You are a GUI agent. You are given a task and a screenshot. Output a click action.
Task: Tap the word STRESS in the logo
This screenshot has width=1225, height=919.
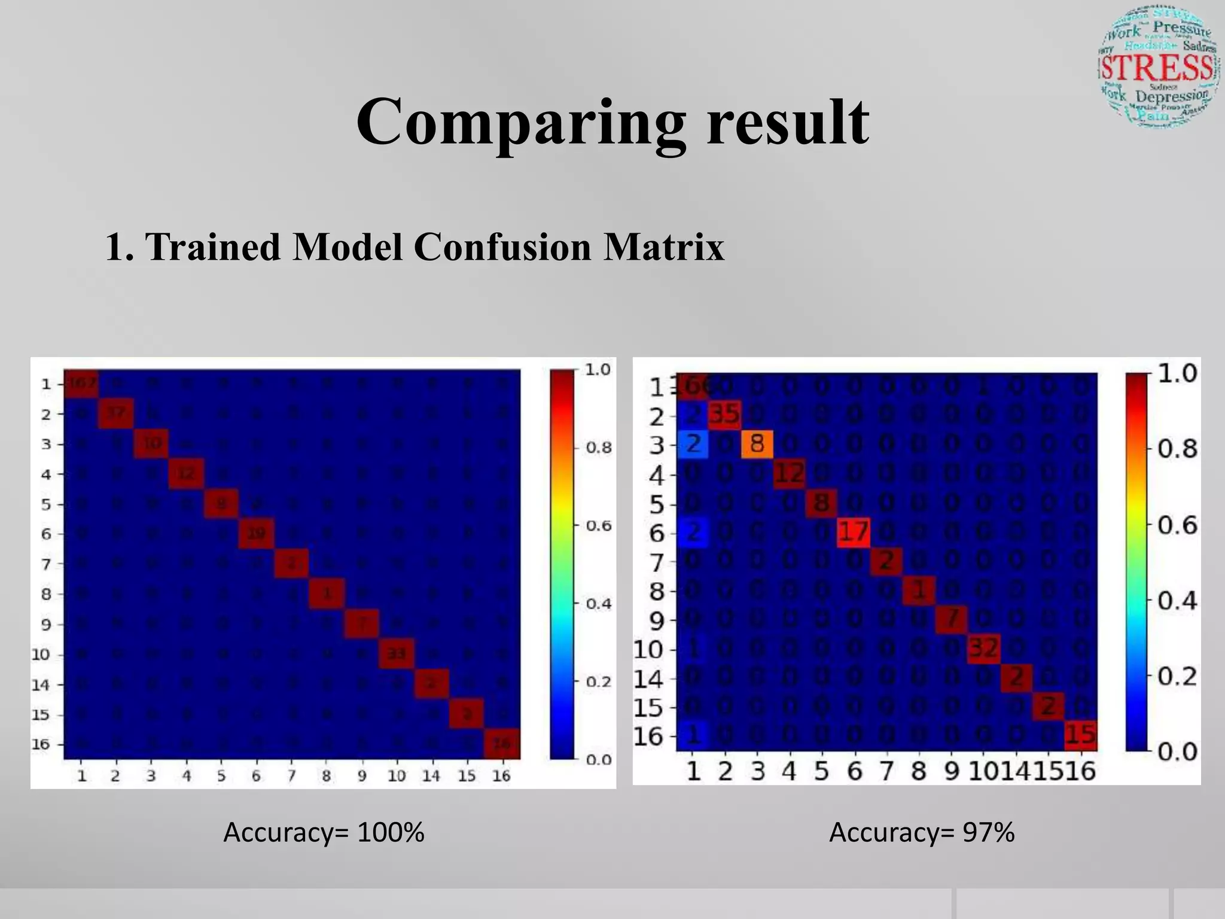1157,68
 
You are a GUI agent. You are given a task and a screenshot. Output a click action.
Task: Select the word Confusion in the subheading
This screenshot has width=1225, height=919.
502,247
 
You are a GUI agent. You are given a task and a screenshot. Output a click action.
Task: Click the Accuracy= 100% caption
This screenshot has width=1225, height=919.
324,832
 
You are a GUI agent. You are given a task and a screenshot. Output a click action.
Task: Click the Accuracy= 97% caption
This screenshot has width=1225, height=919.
921,832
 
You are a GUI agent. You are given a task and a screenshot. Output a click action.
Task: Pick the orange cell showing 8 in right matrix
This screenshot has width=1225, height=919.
757,445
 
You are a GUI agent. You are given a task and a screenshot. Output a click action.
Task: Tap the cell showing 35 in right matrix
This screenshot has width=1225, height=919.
724,414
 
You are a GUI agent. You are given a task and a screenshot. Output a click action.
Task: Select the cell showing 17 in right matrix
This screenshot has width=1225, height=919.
853,531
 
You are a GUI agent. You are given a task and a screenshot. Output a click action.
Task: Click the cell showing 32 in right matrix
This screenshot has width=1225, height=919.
983,648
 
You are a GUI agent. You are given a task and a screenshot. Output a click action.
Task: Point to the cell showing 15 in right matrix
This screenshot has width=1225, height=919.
1080,735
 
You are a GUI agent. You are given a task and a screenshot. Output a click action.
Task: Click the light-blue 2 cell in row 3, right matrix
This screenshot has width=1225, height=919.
693,445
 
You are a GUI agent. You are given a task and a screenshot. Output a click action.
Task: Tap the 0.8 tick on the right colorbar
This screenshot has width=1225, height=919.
1177,449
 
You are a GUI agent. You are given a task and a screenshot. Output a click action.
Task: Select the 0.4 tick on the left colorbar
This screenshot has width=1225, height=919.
598,604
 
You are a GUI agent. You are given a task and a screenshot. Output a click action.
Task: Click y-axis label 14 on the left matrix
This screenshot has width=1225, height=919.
41,685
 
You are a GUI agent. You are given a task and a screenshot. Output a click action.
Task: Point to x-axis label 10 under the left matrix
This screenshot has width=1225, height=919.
396,777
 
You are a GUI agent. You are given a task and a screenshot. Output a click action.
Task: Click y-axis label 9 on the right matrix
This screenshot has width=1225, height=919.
656,621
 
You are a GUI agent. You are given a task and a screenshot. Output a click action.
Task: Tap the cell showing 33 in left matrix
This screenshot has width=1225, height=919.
396,654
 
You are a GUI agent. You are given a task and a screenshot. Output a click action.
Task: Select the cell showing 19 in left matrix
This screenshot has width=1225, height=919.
256,533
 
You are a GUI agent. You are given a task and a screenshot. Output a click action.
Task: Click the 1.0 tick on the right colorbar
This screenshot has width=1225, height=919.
1177,373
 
